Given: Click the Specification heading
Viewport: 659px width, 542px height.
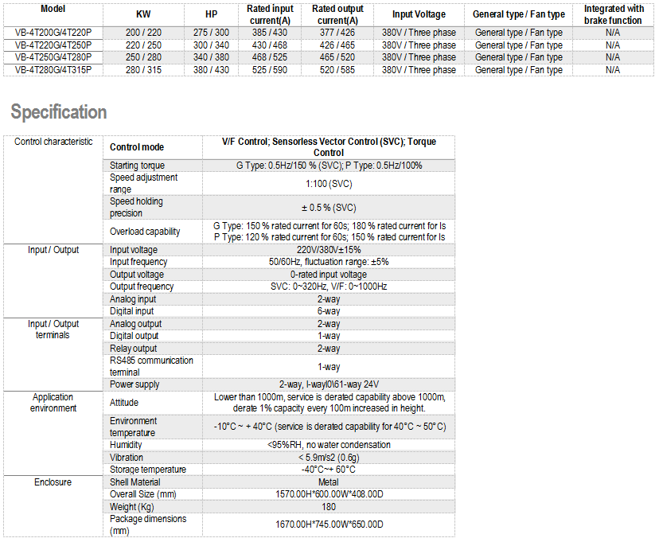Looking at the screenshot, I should pyautogui.click(x=59, y=112).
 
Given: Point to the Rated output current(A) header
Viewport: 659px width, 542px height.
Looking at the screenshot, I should pyautogui.click(x=337, y=14).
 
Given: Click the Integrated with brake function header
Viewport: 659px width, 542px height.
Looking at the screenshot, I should pyautogui.click(x=613, y=14).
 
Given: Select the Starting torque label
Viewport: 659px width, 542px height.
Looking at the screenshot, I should pyautogui.click(x=138, y=166).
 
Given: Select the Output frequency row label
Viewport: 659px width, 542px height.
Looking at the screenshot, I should pyautogui.click(x=142, y=287).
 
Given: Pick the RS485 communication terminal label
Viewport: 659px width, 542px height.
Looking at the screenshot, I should pyautogui.click(x=151, y=366).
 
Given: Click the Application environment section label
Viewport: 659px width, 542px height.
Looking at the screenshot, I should pyautogui.click(x=53, y=403).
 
